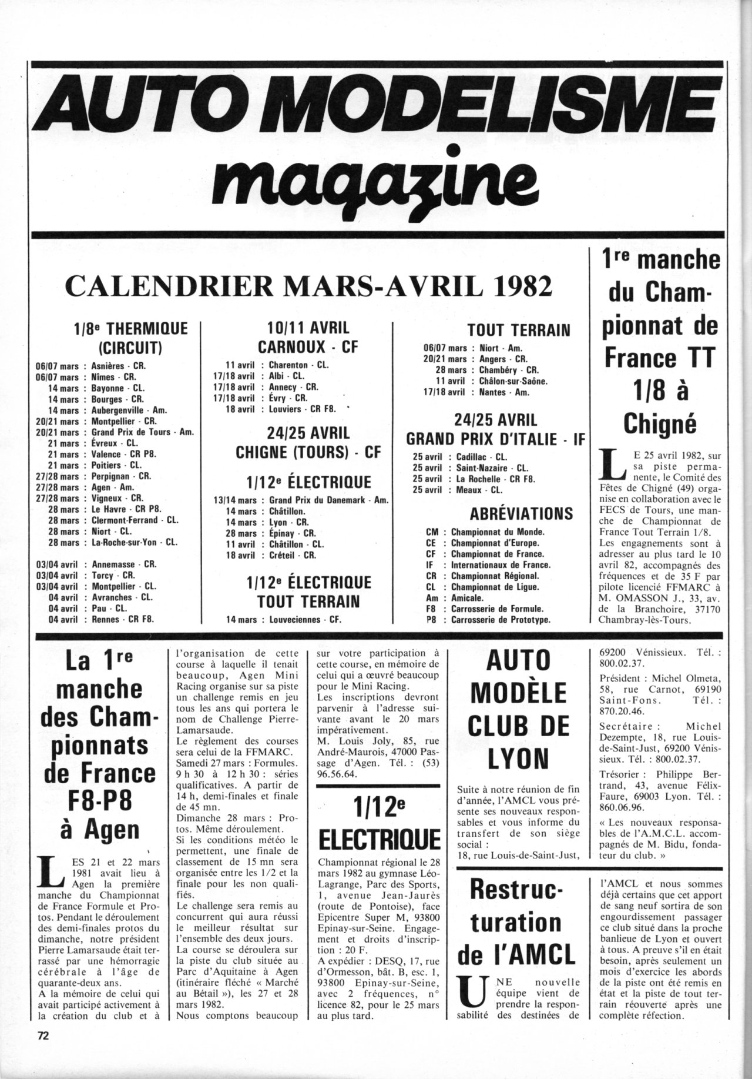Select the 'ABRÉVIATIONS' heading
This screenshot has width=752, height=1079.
tap(521, 513)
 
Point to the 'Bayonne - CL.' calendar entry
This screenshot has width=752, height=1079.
tap(117, 388)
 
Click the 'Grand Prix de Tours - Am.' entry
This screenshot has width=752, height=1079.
tap(143, 432)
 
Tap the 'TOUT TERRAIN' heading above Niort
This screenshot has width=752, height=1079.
tap(519, 329)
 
